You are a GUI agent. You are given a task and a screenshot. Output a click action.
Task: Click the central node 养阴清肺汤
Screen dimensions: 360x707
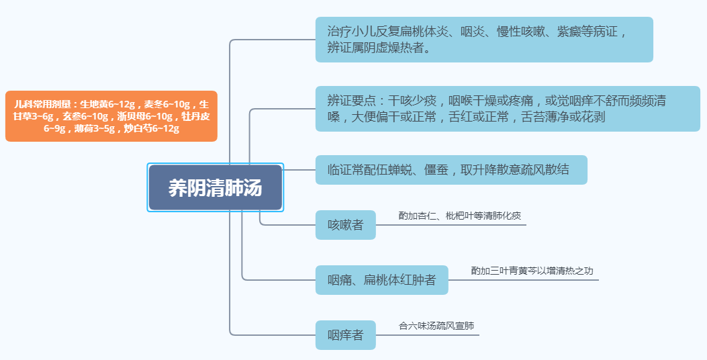point(215,187)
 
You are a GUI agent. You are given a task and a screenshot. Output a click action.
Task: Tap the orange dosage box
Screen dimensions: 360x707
point(111,116)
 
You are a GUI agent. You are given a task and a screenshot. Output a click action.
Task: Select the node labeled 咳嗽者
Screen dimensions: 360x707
point(345,225)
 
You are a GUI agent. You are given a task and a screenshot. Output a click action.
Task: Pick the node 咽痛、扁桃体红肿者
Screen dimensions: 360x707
point(381,280)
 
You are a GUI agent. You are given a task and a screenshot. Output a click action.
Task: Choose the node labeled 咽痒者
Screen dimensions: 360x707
point(345,335)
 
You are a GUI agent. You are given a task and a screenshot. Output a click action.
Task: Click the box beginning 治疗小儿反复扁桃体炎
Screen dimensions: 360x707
point(483,40)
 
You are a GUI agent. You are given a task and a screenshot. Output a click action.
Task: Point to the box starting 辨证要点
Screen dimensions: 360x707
point(507,109)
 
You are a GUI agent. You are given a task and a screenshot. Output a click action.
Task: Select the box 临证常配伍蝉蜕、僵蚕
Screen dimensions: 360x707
point(451,170)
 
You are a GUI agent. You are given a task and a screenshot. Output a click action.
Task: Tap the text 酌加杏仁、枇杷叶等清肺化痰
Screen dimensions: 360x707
point(459,216)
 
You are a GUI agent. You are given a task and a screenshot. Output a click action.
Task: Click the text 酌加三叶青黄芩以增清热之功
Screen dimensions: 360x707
point(532,271)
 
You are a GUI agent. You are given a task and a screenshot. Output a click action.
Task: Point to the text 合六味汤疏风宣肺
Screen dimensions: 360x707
point(436,326)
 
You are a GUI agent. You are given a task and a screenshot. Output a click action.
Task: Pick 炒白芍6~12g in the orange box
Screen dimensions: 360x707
point(152,128)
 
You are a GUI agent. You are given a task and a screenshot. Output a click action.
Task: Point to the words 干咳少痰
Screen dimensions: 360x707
point(413,101)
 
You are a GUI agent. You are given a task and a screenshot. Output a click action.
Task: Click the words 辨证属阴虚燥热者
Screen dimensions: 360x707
point(379,48)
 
